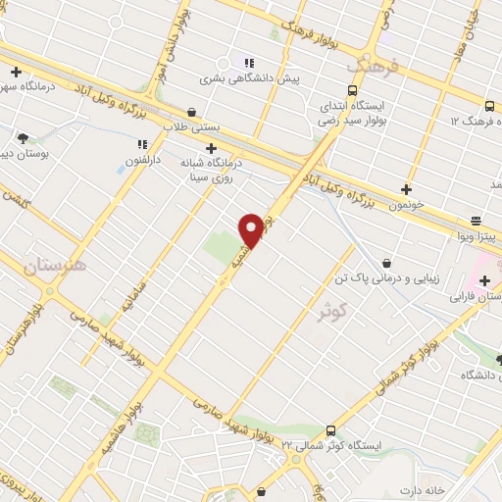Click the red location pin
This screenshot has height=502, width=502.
252,229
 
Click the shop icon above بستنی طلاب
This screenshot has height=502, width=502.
190,112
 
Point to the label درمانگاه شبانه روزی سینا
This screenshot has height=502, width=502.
211,172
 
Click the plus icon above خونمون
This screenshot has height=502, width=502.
406,188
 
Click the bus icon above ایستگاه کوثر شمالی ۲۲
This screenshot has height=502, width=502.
330,429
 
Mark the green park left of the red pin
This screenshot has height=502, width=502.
223,245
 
